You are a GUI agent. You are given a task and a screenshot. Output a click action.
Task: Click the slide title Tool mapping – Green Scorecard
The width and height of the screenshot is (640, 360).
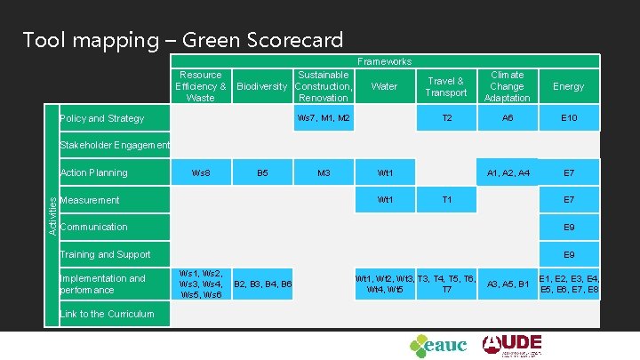pos(182,40)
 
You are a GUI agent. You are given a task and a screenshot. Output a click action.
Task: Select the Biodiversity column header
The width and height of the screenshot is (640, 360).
pos(261,87)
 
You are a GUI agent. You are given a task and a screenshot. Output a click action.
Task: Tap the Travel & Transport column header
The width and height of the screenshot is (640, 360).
pos(446,87)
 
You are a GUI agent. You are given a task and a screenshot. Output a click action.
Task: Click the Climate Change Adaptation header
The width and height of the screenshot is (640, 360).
pos(507,87)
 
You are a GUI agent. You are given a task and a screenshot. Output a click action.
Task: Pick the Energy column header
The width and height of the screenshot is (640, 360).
pos(569,87)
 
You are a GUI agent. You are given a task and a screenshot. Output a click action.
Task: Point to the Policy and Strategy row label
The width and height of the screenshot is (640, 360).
pos(101,118)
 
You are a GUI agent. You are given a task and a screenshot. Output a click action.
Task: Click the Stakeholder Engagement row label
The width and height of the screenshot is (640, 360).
pos(114,145)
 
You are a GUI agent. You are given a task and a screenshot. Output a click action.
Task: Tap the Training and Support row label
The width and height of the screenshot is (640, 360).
pos(104,254)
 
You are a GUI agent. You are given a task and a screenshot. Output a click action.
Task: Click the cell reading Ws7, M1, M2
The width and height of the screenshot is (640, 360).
pos(324,118)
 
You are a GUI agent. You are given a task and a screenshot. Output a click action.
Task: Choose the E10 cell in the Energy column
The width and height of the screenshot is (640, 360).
pos(569,118)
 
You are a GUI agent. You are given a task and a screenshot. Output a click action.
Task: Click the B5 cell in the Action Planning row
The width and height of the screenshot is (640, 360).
pos(262,172)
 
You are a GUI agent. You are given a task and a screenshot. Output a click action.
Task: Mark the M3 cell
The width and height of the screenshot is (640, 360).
pos(324,172)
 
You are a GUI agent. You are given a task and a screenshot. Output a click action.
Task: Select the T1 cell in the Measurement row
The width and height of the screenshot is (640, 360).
pos(446,200)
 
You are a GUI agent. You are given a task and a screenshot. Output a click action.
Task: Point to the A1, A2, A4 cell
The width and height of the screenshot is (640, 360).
pos(507,172)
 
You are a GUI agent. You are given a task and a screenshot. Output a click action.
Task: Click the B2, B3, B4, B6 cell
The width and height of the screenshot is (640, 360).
pos(262,284)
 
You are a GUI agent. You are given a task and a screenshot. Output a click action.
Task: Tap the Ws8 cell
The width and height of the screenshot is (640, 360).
pos(202,172)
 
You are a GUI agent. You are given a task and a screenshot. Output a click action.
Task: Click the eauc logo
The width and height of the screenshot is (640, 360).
pos(437,345)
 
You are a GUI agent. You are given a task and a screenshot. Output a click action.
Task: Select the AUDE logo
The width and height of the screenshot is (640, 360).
pos(512,344)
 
